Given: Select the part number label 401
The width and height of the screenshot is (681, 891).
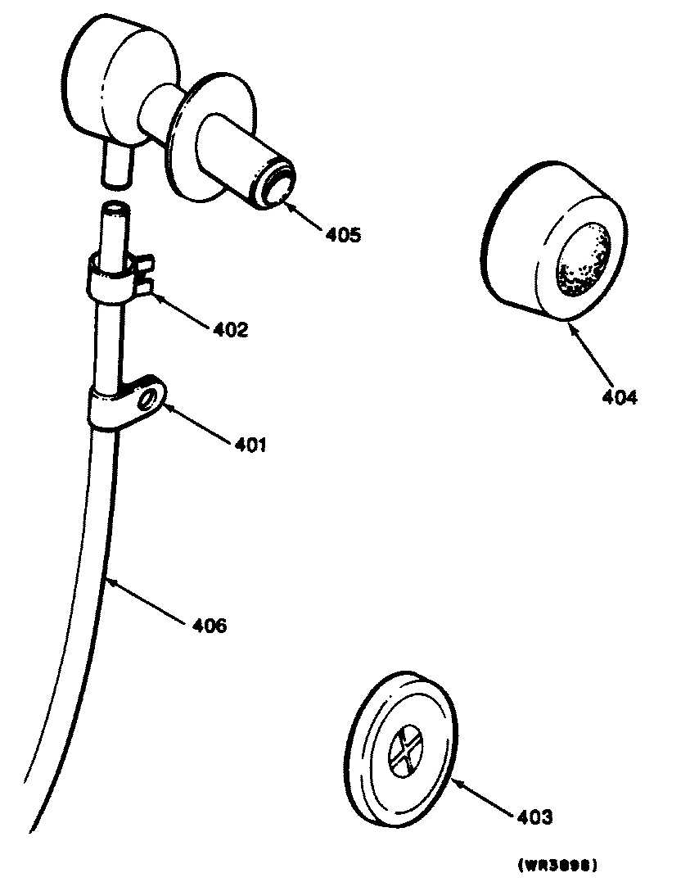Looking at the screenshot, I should point(250,445).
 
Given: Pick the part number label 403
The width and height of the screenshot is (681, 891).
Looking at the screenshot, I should point(534,816).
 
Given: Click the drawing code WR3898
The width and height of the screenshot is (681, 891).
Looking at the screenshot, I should point(556,864).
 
